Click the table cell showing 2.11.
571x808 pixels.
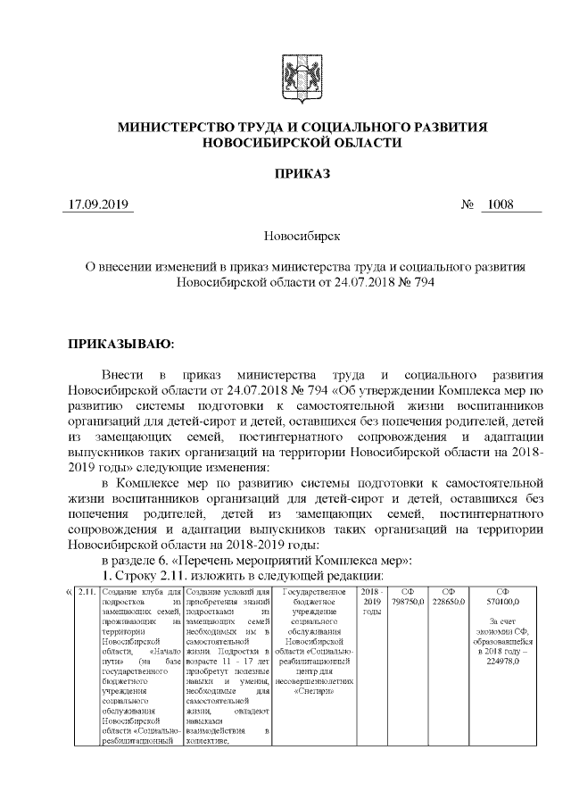[87, 592]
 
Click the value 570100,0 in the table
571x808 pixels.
[504, 604]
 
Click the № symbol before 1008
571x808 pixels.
[467, 204]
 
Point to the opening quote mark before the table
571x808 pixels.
[70, 591]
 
